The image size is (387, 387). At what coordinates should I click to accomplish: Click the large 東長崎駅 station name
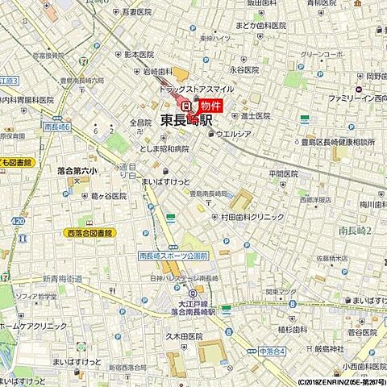186,120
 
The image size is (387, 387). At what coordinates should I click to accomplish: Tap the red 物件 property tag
211,106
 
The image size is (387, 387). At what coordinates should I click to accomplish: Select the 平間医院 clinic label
284,173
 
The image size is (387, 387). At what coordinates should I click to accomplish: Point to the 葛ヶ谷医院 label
108,196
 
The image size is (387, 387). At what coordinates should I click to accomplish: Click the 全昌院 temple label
140,123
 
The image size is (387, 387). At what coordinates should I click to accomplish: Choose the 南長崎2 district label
354,231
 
